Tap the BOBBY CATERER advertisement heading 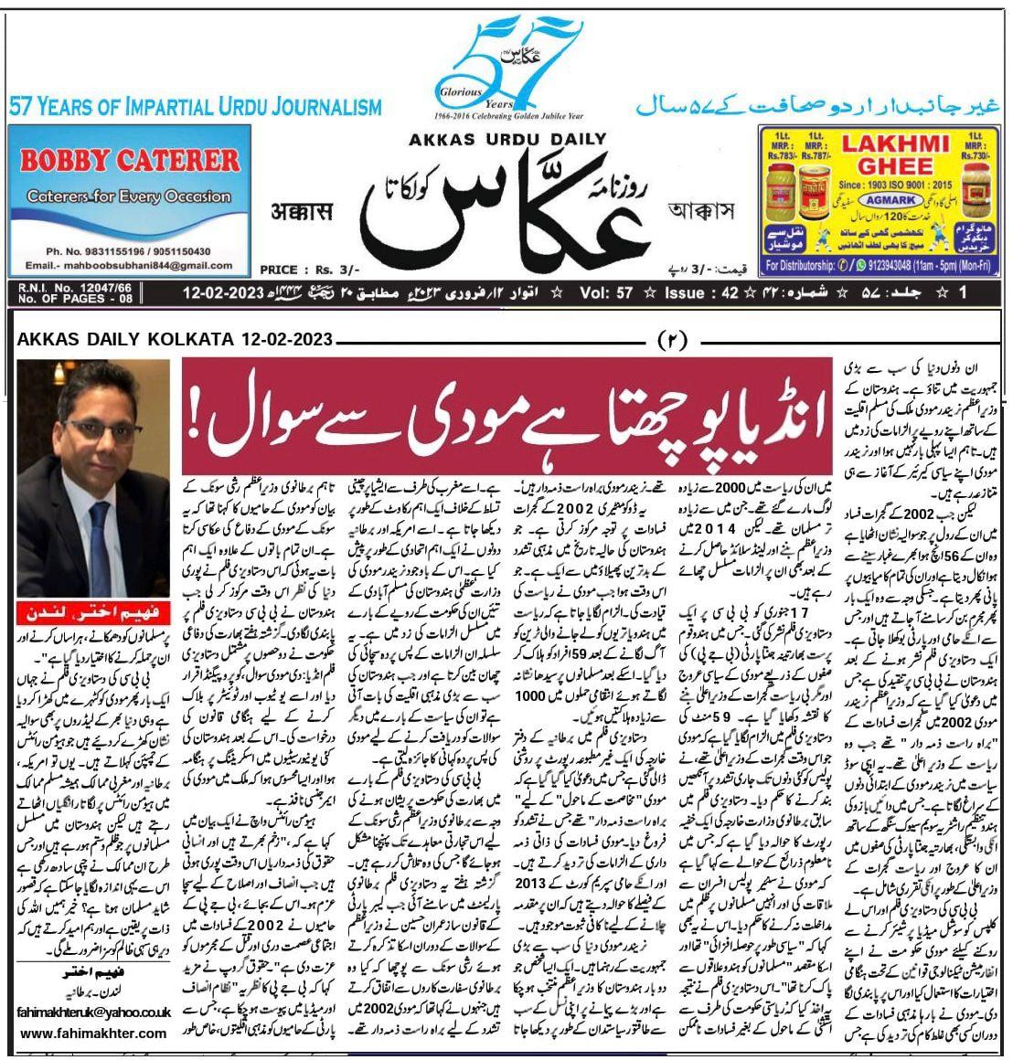(129, 162)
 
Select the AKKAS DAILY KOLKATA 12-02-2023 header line (174, 340)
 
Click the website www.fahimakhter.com (92, 1033)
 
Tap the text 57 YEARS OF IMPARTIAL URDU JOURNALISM (195, 107)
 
